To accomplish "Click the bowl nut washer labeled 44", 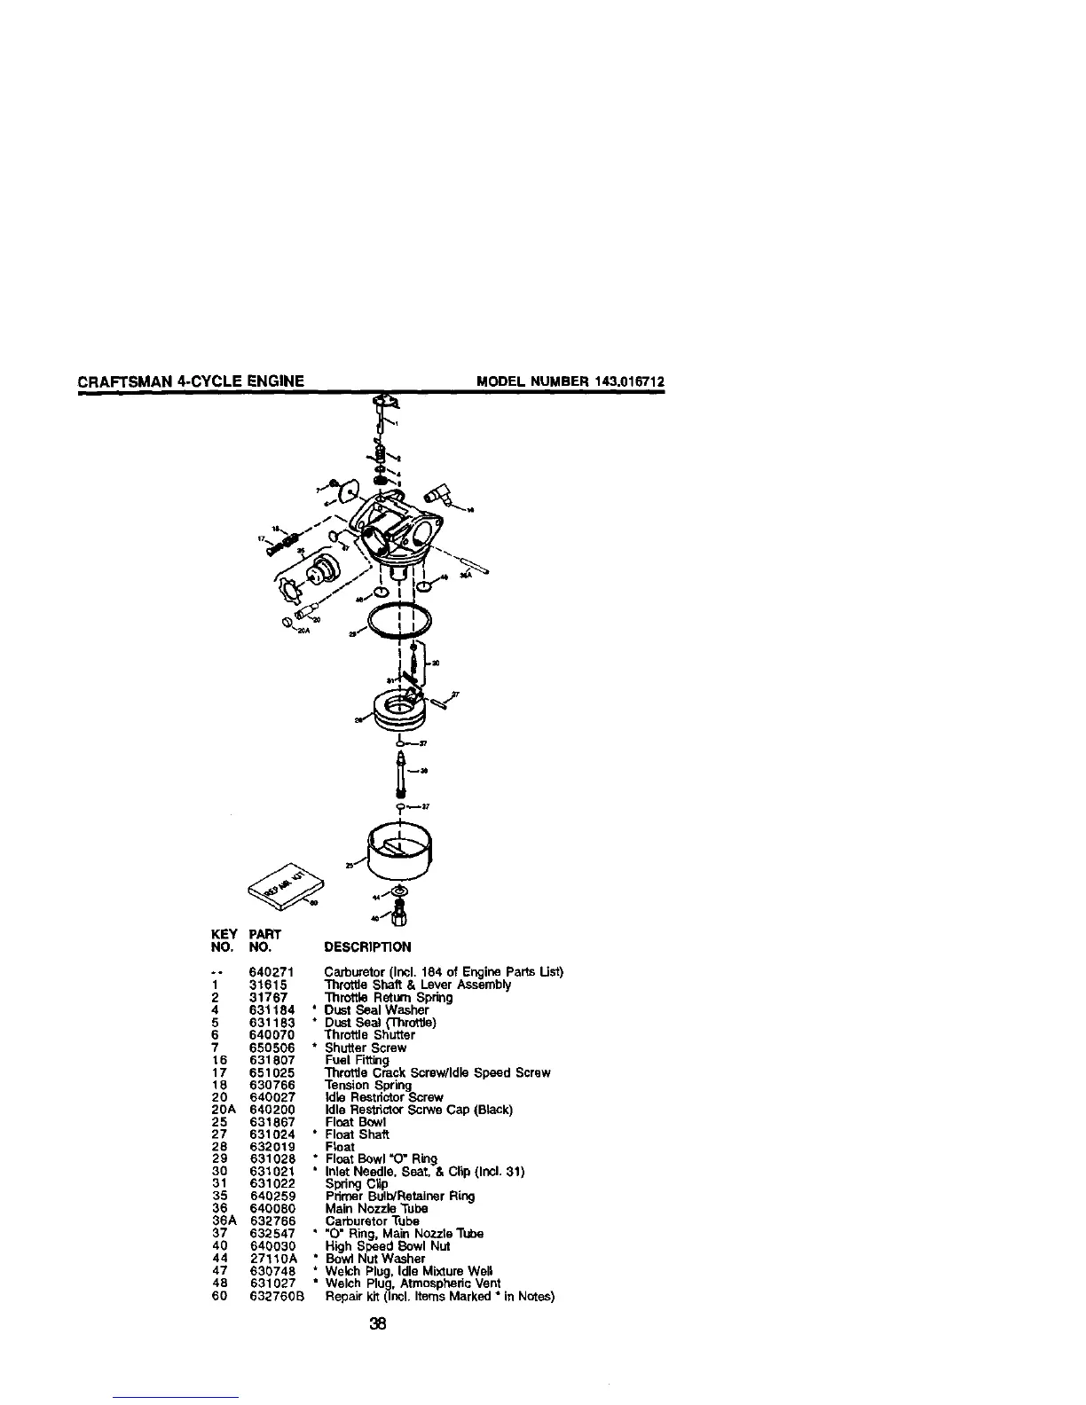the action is [x=399, y=890].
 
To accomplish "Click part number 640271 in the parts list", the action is [x=267, y=971].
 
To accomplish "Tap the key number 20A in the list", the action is [x=224, y=1109].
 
